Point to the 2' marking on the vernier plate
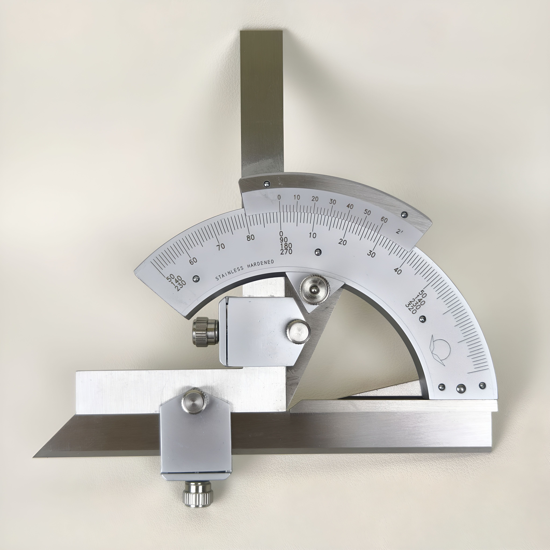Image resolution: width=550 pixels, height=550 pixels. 399,231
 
